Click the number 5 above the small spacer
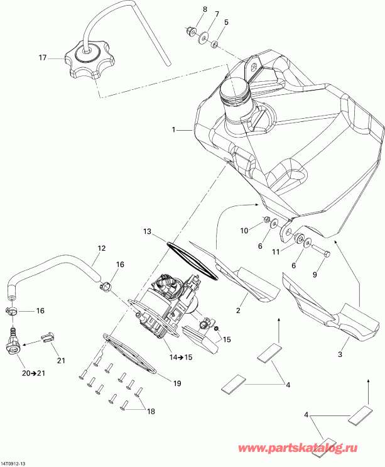227,22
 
